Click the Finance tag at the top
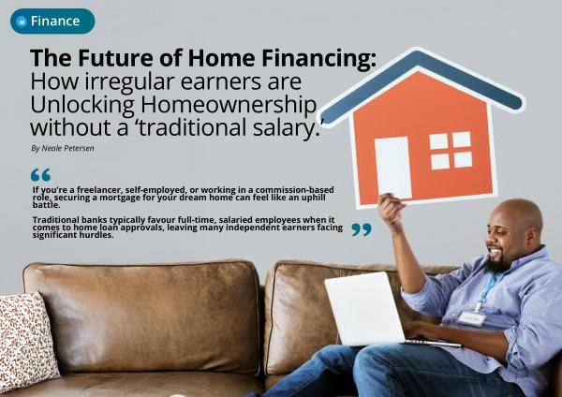(52, 22)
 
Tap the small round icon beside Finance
(22, 22)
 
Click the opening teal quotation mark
(40, 174)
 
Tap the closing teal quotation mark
(362, 229)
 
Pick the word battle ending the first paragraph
(46, 205)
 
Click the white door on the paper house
(393, 168)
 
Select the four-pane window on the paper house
(451, 151)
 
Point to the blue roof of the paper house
(424, 83)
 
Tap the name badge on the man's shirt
(472, 318)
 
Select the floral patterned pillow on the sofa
(26, 340)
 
